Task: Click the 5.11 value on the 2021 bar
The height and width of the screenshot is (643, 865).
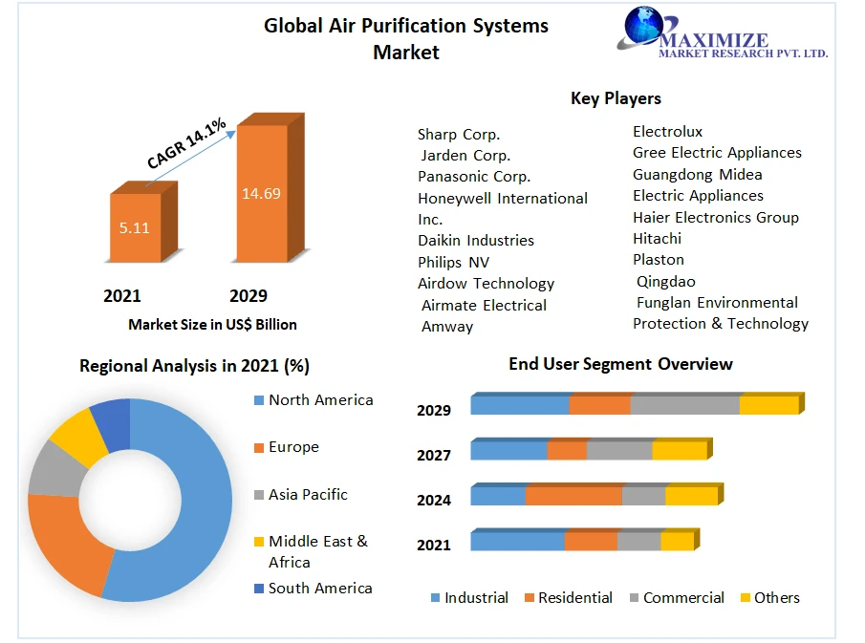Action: pos(135,228)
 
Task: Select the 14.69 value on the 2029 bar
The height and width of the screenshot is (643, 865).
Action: pos(261,193)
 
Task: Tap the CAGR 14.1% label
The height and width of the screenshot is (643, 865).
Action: pos(186,143)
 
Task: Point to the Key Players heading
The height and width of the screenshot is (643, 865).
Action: pos(616,98)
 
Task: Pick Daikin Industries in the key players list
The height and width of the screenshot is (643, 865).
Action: pos(476,241)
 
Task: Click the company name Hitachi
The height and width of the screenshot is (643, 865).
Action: pos(658,238)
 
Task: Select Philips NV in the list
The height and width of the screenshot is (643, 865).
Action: pos(454,262)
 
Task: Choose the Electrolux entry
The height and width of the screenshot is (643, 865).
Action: pos(667,132)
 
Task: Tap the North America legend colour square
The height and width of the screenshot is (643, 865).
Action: pos(258,400)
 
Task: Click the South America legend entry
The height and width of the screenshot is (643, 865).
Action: pos(320,589)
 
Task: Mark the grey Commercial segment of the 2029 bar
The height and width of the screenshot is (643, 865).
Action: pos(684,404)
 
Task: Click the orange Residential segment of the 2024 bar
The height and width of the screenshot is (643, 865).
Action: pos(573,495)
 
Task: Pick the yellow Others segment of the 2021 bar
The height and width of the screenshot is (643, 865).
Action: pos(677,541)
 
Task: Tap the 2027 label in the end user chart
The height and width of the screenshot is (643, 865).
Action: pos(434,455)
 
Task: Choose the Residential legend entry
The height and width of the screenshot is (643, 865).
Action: pos(575,598)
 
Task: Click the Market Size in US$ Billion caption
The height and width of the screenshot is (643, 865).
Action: pos(212,325)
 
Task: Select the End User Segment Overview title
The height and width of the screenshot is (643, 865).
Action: pos(620,364)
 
